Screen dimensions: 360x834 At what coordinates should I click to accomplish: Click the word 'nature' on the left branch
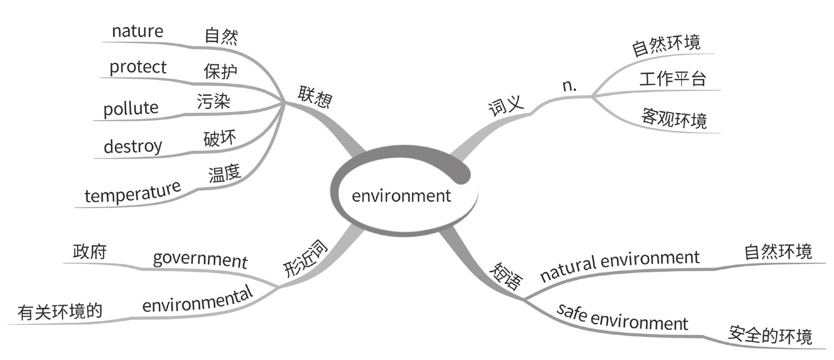tap(138, 31)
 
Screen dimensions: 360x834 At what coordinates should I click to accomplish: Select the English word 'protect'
tap(138, 68)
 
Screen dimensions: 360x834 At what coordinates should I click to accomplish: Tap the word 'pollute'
tap(130, 108)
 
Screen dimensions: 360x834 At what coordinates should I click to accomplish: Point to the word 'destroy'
tap(133, 147)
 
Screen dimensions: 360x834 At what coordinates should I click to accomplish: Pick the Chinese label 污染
tap(214, 102)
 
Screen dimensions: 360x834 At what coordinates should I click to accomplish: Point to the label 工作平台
tap(672, 79)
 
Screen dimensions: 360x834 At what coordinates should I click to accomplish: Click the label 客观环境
tap(674, 118)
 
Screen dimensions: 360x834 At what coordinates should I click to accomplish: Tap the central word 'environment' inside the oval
tap(401, 196)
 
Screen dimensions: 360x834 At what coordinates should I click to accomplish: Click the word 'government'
tap(200, 259)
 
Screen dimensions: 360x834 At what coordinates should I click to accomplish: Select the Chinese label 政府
tap(89, 251)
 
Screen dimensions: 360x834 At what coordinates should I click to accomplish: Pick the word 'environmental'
tap(197, 300)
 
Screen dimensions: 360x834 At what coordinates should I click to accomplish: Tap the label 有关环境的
tap(60, 312)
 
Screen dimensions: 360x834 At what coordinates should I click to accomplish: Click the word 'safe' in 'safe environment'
tap(572, 313)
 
